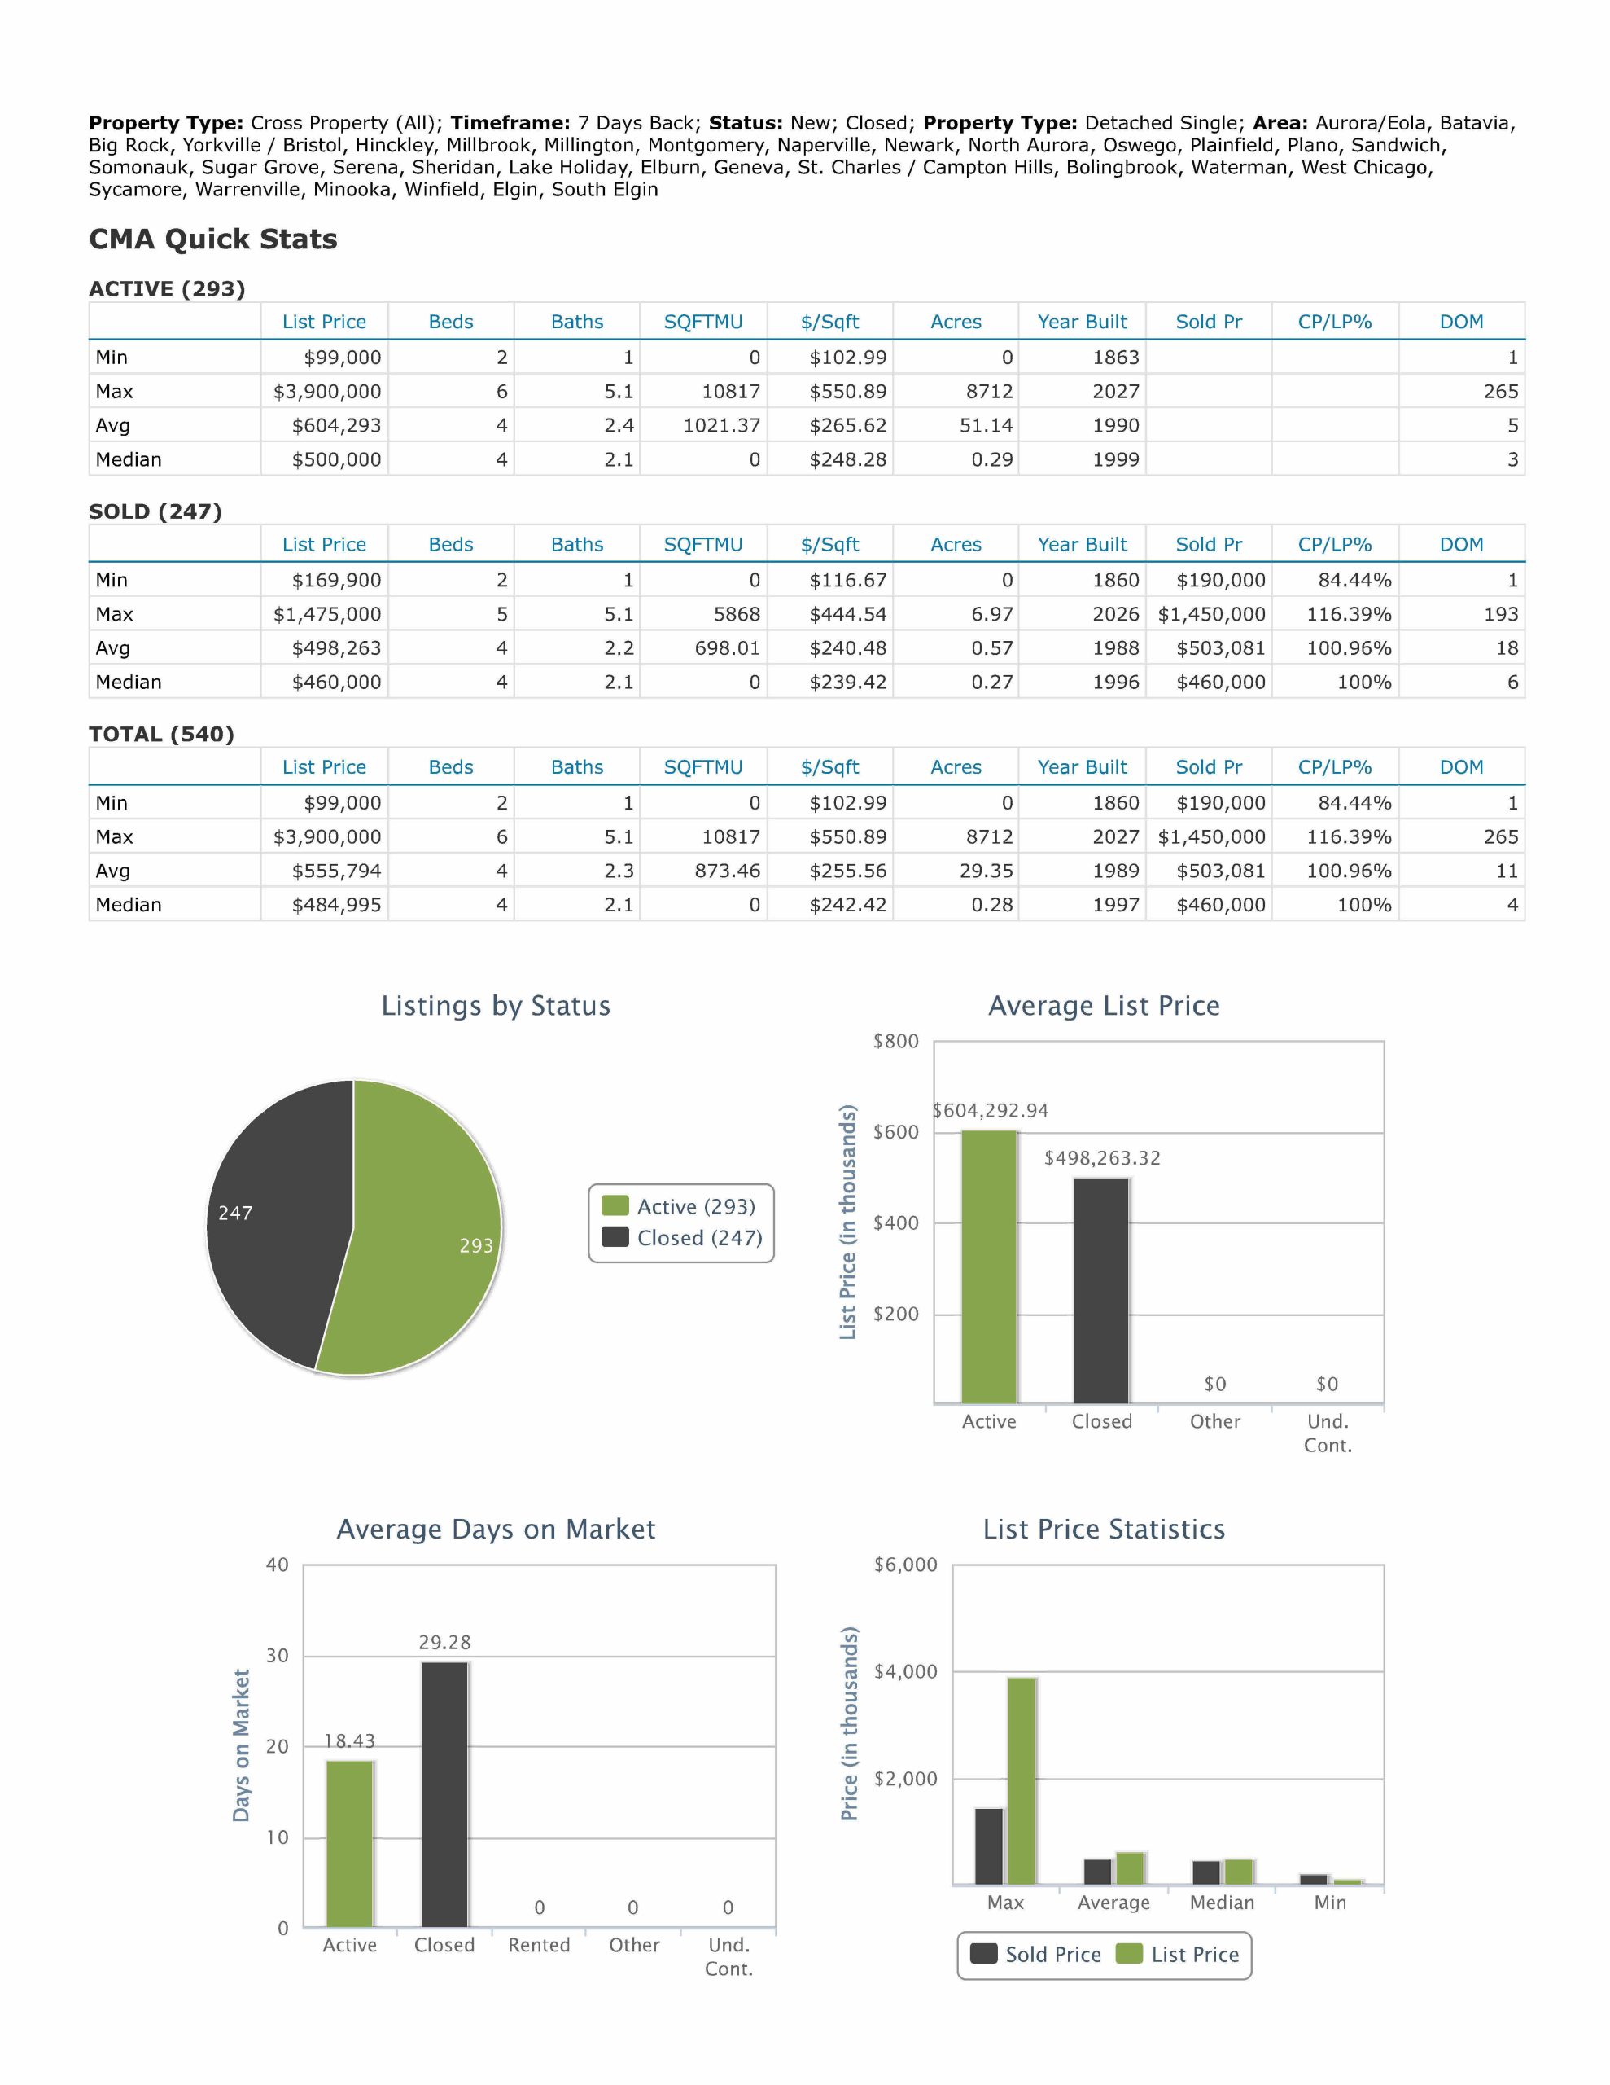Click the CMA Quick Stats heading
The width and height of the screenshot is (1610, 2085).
click(x=212, y=239)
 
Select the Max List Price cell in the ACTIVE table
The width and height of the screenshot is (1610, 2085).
click(x=326, y=392)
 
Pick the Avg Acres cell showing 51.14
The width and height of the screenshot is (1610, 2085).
click(x=956, y=426)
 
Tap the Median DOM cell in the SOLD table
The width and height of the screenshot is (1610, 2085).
click(x=1461, y=683)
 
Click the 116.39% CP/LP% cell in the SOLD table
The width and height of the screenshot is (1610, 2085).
click(x=1335, y=614)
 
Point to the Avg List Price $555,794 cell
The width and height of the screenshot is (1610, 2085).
click(x=326, y=871)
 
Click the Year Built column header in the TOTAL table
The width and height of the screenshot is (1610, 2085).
click(x=1083, y=766)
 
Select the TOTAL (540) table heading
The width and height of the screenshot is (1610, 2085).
click(x=161, y=734)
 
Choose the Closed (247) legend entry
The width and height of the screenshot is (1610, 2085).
click(x=682, y=1238)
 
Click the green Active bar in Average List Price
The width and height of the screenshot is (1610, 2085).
click(x=989, y=1266)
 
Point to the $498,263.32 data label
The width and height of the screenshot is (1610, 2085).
click(x=1102, y=1158)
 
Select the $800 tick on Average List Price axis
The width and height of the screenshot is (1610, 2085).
click(x=895, y=1042)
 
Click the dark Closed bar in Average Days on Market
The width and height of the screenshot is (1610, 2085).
click(x=444, y=1795)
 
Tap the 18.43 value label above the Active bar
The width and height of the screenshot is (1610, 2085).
click(x=349, y=1741)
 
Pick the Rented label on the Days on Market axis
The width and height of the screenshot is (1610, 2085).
click(x=539, y=1946)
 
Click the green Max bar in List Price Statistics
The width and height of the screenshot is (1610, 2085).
click(x=1022, y=1780)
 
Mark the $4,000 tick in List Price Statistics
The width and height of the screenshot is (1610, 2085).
click(x=906, y=1671)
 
